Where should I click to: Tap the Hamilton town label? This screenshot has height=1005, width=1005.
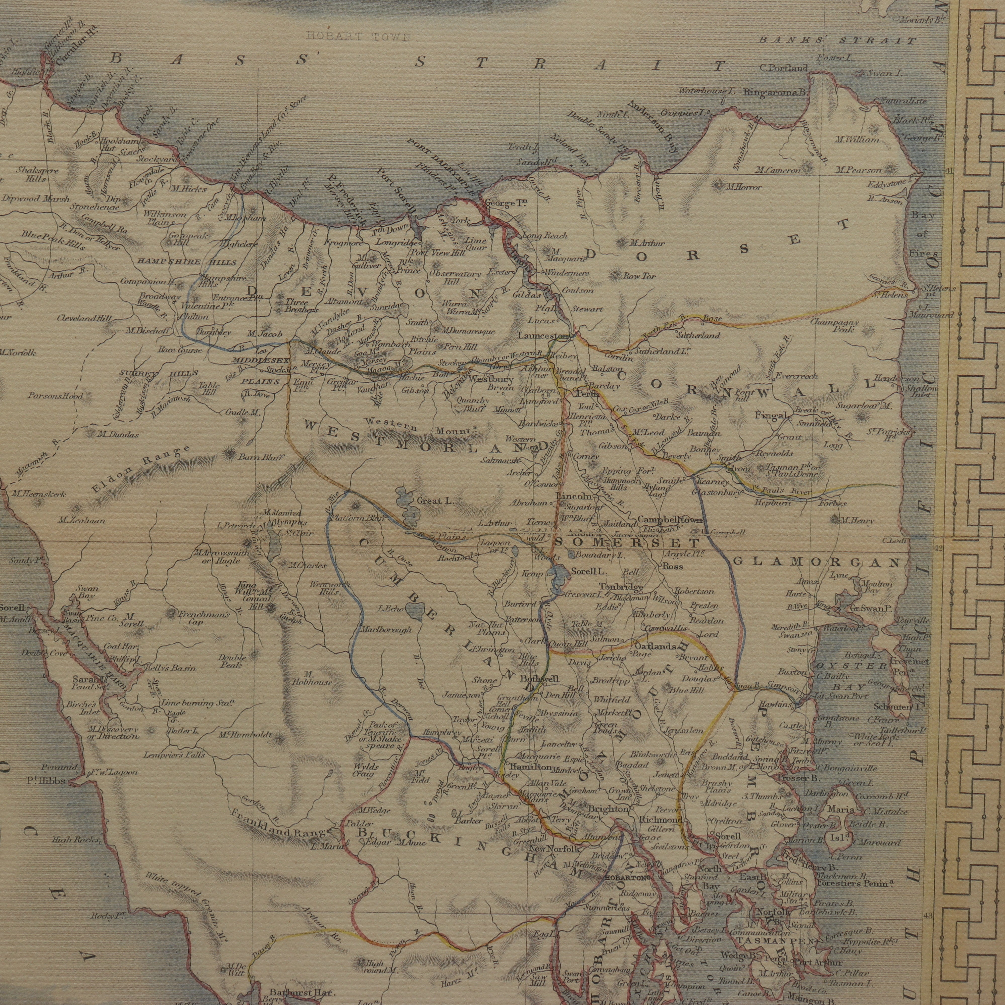[x=530, y=767]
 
